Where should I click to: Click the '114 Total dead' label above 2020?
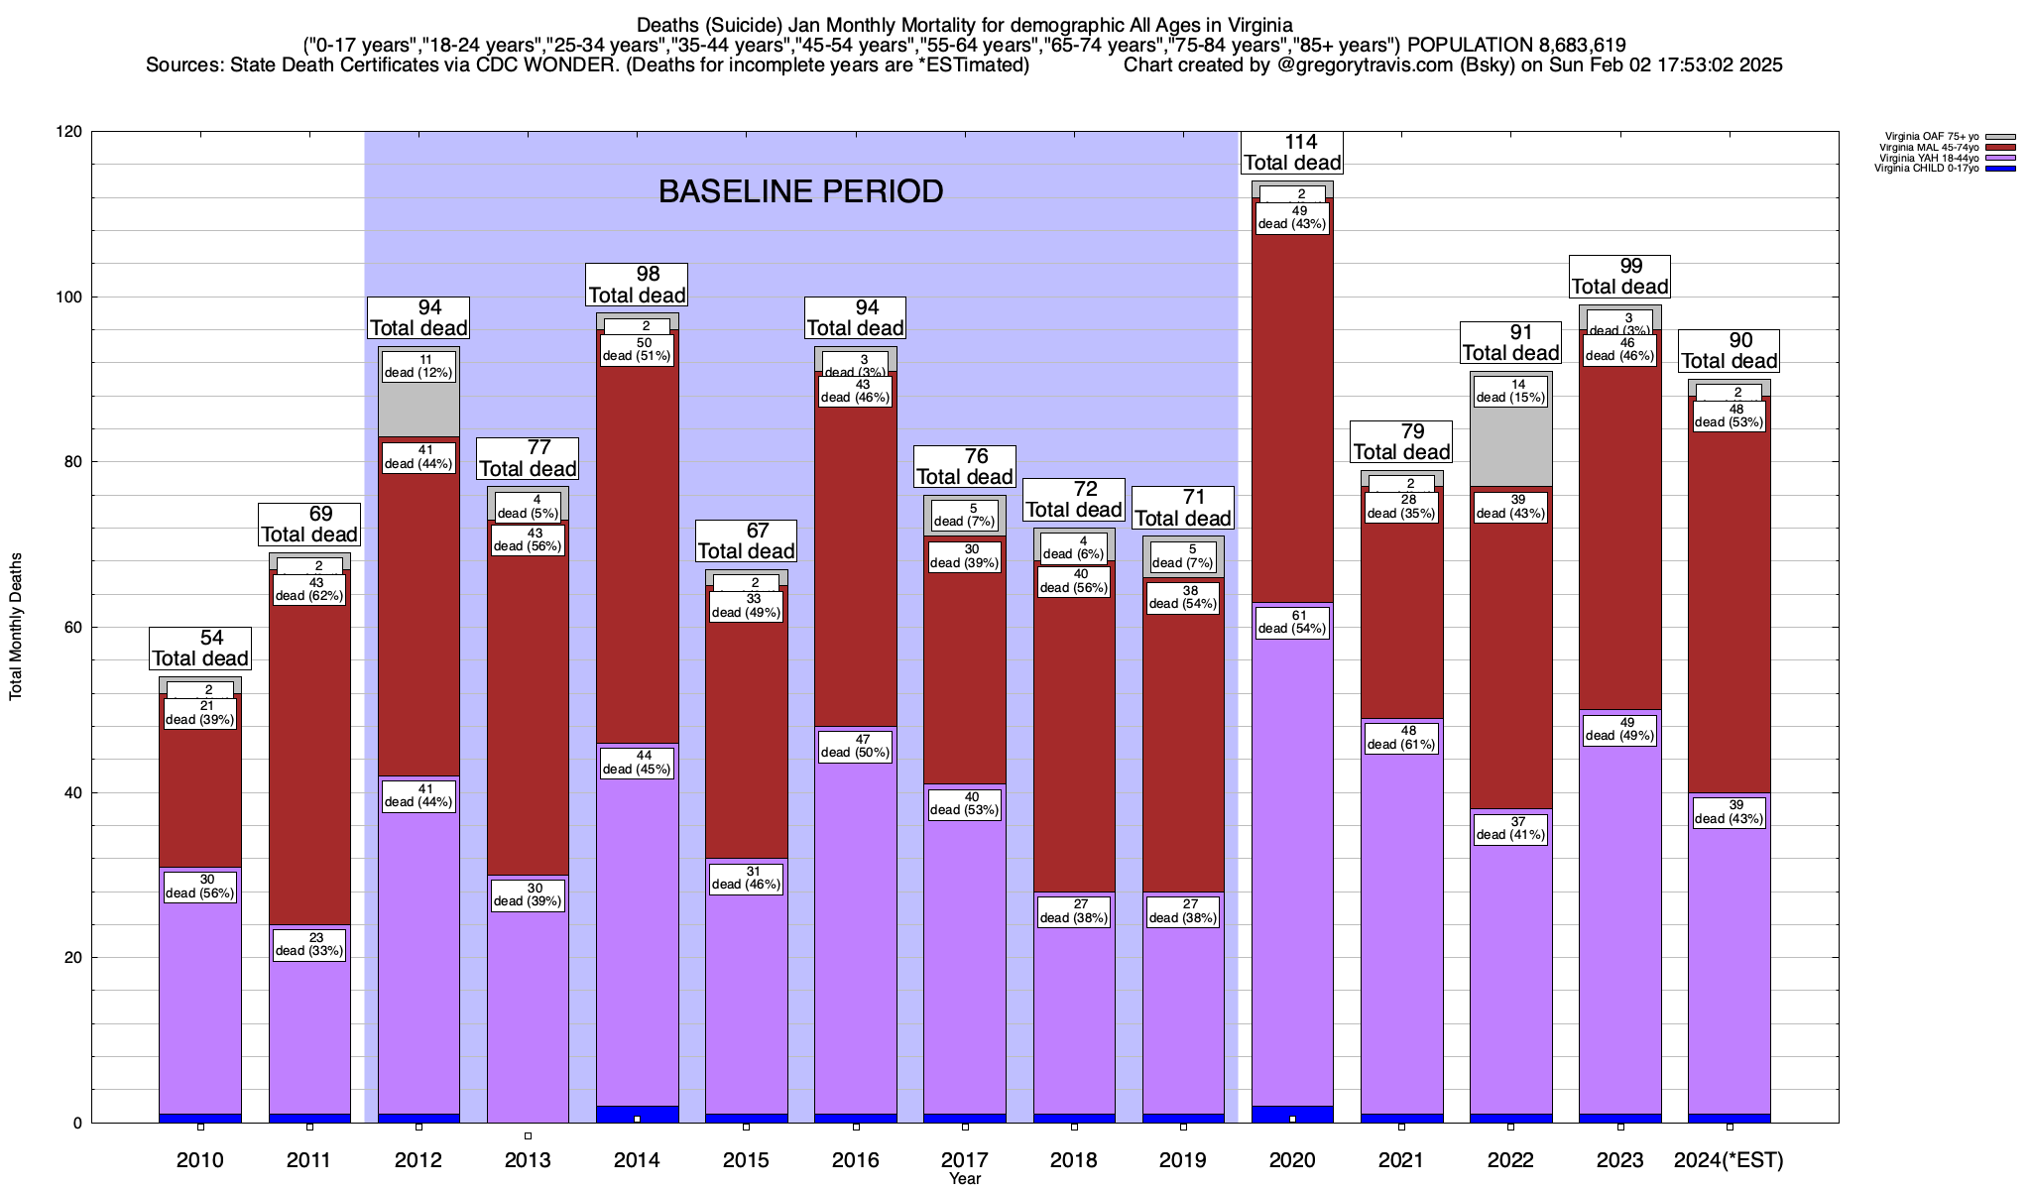click(x=1292, y=153)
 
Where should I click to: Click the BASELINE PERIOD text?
click(x=800, y=191)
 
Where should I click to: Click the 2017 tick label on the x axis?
click(x=964, y=1159)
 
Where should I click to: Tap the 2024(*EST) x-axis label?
click(x=1729, y=1159)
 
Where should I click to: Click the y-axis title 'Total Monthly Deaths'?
click(x=16, y=627)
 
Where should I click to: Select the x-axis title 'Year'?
click(x=964, y=1178)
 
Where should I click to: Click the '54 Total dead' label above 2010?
click(x=200, y=649)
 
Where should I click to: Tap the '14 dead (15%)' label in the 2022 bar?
click(x=1510, y=392)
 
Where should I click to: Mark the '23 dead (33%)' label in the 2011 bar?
click(x=309, y=944)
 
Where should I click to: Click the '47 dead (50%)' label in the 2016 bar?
click(x=855, y=746)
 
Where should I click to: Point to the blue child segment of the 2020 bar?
click(x=1292, y=1114)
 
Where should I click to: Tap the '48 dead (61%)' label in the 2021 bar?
click(x=1401, y=738)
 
